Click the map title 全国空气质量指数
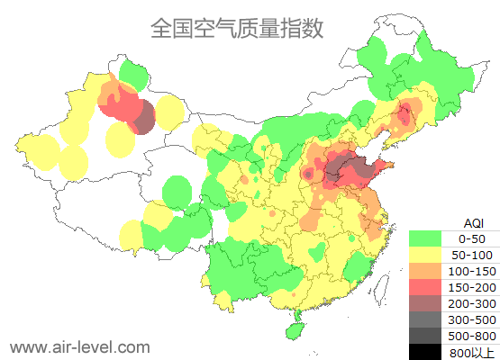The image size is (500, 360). click(x=237, y=29)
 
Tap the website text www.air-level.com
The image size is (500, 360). click(x=79, y=346)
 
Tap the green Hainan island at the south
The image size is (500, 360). click(x=293, y=330)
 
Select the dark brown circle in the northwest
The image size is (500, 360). click(x=143, y=121)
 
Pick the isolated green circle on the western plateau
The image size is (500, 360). click(x=178, y=192)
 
